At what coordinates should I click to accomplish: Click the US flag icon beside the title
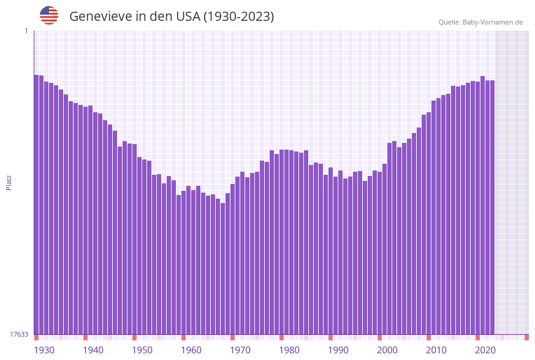point(49,15)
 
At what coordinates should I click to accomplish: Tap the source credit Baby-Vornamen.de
point(493,22)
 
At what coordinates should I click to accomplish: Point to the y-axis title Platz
point(9,182)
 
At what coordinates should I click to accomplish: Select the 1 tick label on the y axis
point(26,31)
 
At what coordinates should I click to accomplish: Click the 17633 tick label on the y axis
point(19,334)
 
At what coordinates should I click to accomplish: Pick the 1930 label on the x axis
point(44,350)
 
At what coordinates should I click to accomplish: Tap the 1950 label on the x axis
point(142,350)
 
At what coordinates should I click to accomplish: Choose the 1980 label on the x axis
point(289,350)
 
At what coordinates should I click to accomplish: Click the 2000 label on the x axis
point(387,350)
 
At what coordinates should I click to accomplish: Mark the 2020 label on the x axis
point(485,350)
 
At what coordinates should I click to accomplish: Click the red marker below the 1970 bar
point(232,337)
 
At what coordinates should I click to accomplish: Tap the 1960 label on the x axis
point(191,350)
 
